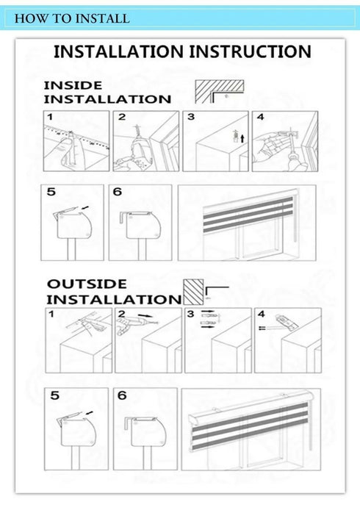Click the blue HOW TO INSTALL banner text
(x=72, y=18)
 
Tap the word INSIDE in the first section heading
(x=73, y=85)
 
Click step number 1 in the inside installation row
(x=49, y=117)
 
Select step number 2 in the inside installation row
(x=122, y=117)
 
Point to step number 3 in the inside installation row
(x=191, y=117)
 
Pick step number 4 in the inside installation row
(x=260, y=117)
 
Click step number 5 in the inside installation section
(x=51, y=193)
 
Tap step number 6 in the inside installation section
(x=118, y=193)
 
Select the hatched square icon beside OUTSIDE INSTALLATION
(x=193, y=291)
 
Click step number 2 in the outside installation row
(x=122, y=315)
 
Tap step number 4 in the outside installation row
(x=260, y=315)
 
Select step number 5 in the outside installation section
(x=55, y=395)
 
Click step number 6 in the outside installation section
(x=122, y=395)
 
